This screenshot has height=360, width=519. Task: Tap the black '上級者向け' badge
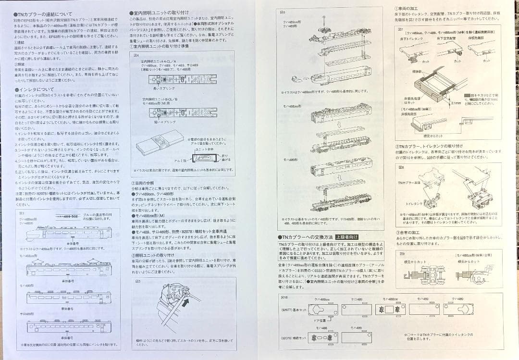[x=346, y=237]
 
